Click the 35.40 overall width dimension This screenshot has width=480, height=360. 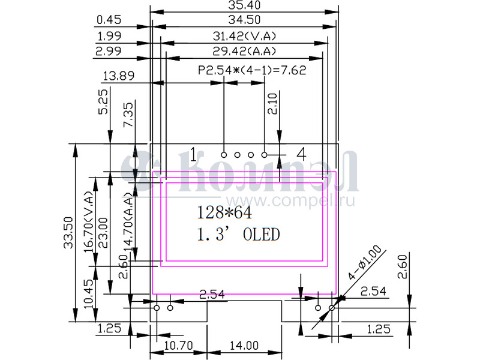(x=244, y=5)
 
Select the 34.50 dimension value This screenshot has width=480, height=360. (x=244, y=20)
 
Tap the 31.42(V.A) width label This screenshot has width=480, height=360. (x=244, y=37)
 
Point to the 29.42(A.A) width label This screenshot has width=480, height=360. (x=244, y=51)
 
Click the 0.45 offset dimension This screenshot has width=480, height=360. (x=109, y=20)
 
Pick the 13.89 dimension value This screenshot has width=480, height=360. (x=118, y=76)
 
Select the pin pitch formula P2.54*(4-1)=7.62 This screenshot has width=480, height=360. (x=252, y=70)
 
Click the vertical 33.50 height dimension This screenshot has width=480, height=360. (x=68, y=233)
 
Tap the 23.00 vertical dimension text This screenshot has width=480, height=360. (x=103, y=233)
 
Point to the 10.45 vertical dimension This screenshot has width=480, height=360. (x=89, y=294)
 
